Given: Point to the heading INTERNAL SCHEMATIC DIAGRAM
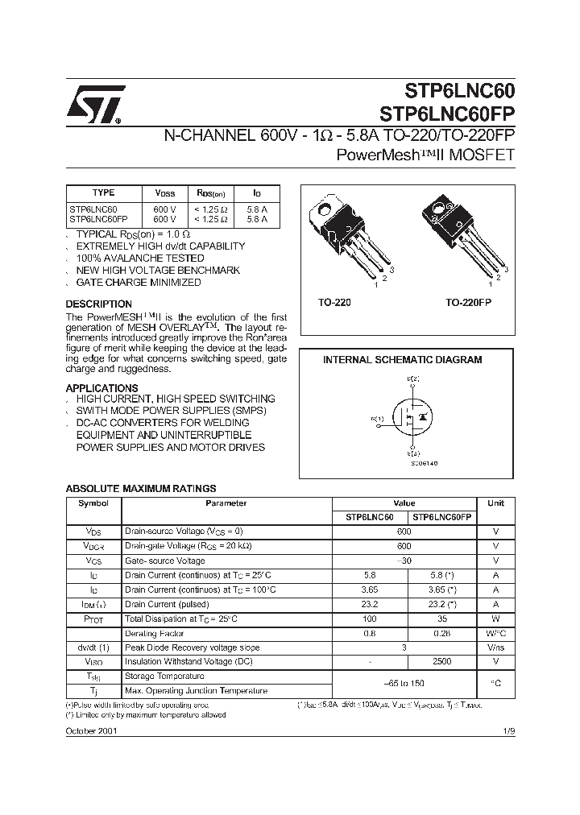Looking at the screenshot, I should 402,360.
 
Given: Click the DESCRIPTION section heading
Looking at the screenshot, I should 98,304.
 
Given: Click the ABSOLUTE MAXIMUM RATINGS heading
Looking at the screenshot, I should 140,489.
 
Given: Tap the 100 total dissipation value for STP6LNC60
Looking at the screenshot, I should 370,618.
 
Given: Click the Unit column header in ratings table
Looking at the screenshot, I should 495,503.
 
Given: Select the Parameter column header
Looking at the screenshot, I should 226,503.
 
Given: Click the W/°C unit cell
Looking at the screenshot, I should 495,632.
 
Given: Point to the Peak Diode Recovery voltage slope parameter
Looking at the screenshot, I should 192,647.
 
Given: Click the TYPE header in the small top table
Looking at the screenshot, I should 104,192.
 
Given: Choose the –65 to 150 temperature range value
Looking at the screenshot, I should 404,684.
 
